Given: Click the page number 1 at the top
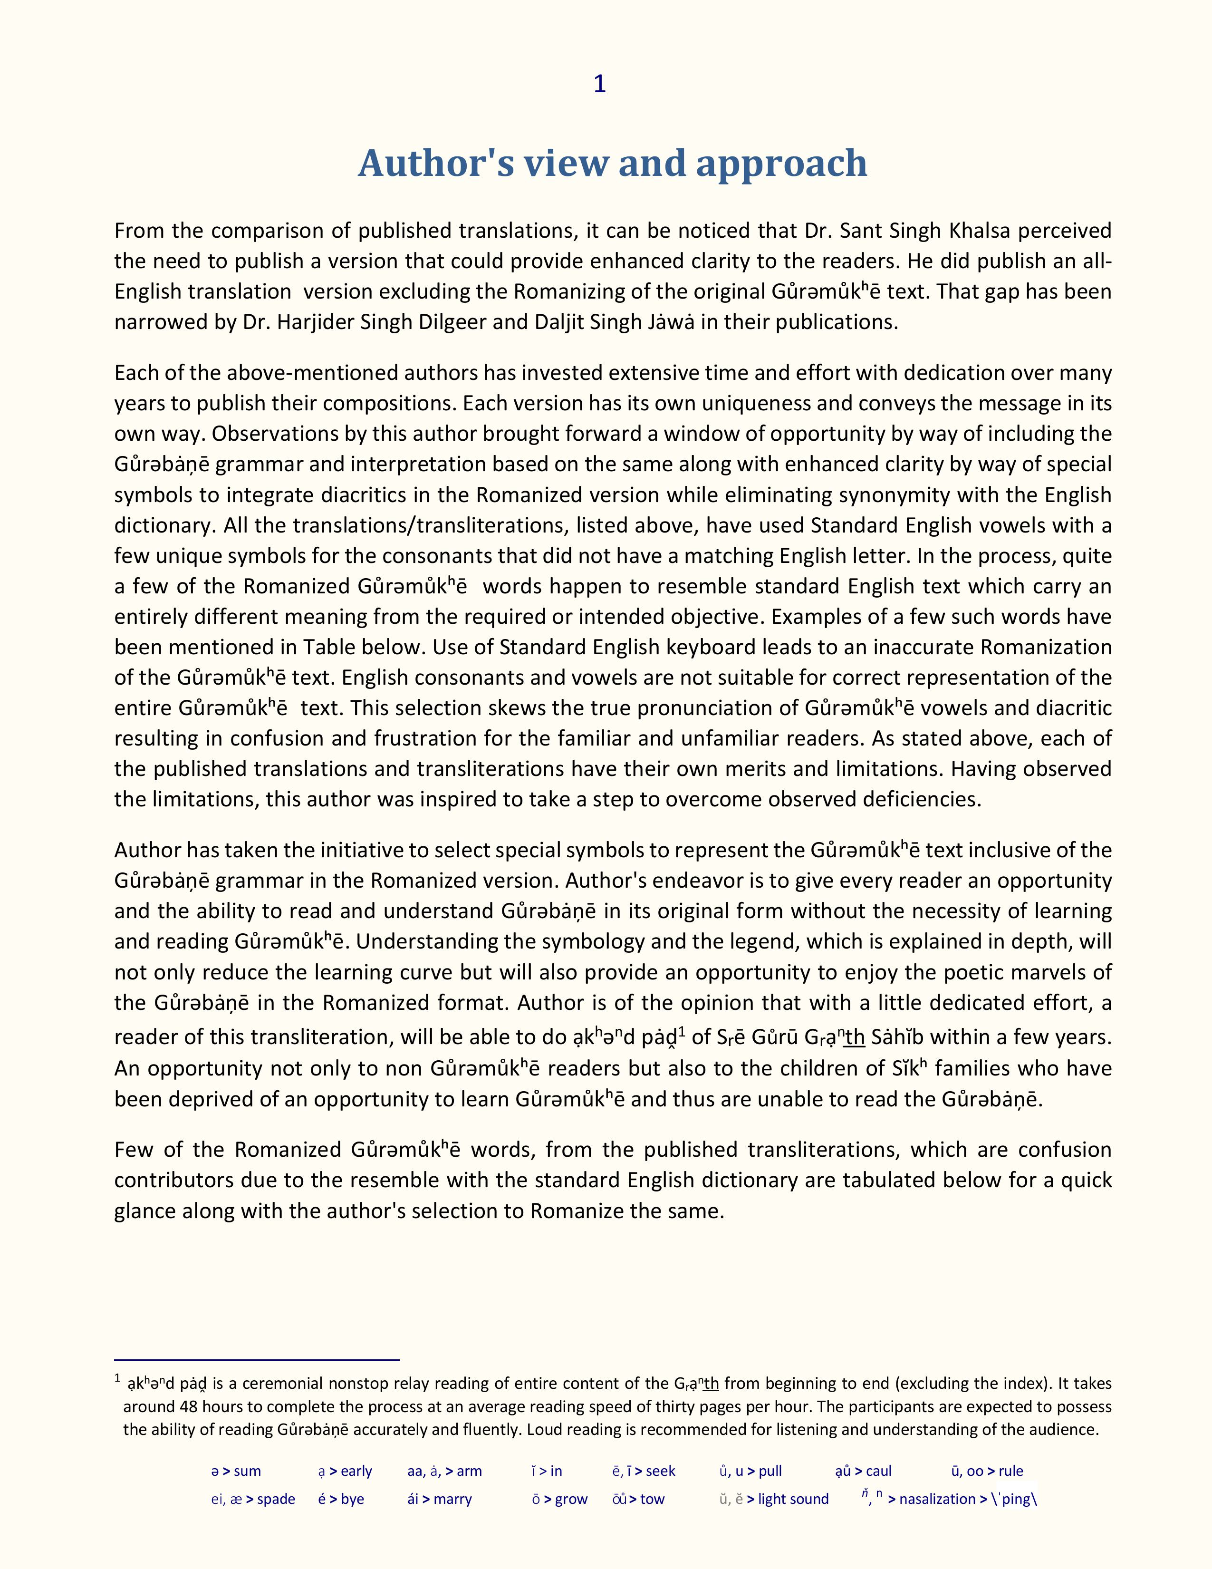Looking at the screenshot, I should coord(599,84).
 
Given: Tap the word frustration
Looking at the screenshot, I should coord(423,738).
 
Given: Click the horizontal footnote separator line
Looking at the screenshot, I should coord(256,1359).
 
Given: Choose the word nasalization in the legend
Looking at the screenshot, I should coord(937,1499).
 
